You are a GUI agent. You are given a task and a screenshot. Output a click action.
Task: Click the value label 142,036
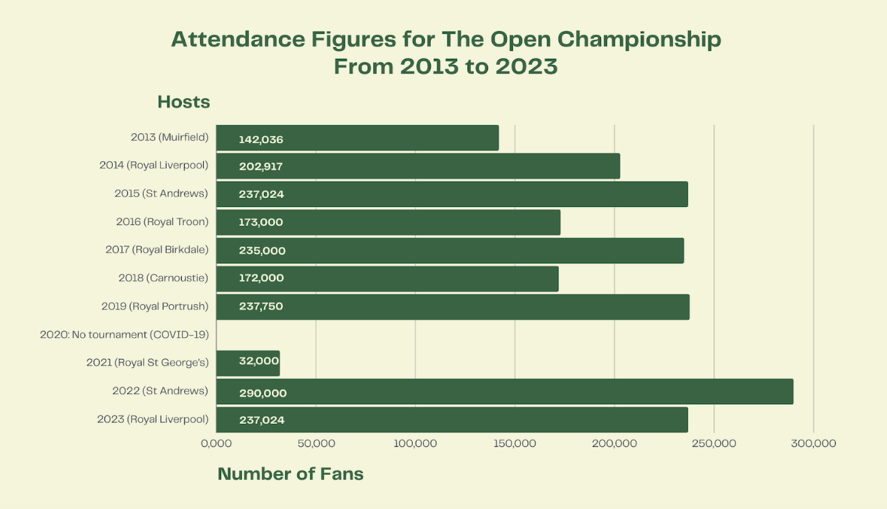261,139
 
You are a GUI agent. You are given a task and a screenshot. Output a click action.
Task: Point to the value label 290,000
262,393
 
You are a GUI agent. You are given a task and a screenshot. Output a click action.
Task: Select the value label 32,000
259,361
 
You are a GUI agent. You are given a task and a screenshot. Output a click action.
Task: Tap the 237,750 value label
261,307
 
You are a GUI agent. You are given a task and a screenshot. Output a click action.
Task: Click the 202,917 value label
261,167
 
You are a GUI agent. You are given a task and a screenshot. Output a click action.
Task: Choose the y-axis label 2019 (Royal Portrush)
154,306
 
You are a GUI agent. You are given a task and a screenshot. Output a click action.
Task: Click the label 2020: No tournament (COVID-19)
124,335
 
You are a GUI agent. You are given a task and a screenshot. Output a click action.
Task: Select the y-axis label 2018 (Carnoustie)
163,278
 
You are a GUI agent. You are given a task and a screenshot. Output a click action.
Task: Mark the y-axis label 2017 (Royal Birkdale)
157,250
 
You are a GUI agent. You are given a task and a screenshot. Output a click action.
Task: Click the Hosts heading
183,102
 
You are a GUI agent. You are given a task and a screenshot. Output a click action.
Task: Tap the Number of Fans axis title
290,474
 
